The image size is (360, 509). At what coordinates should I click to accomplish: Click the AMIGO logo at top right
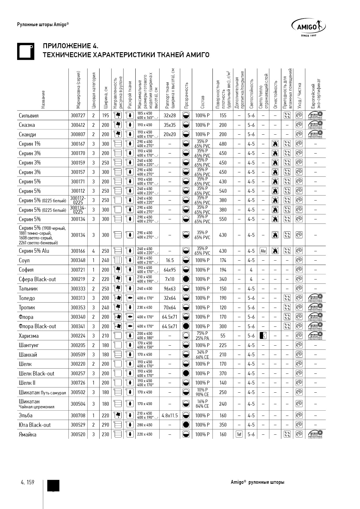click(x=308, y=27)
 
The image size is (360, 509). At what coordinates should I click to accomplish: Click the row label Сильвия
click(x=29, y=115)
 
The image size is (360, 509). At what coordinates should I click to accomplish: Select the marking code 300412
click(x=78, y=125)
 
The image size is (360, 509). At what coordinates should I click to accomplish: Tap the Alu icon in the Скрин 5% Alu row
click(x=263, y=251)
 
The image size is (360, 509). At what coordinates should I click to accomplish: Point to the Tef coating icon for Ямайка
click(x=239, y=434)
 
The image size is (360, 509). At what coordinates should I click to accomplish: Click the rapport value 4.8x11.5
click(x=170, y=416)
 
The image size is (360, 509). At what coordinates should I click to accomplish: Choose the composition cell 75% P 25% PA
click(x=202, y=336)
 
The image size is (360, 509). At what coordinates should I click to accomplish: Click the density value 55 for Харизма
click(x=223, y=336)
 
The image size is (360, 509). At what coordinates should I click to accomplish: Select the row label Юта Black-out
click(x=35, y=425)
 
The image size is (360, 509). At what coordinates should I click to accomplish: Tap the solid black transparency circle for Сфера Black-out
click(x=186, y=279)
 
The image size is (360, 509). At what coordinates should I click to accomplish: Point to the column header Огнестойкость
click(x=275, y=95)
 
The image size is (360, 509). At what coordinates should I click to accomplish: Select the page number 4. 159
click(x=28, y=482)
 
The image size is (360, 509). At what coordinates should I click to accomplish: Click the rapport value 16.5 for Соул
click(x=170, y=260)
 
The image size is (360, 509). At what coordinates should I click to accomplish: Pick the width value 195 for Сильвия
click(x=105, y=115)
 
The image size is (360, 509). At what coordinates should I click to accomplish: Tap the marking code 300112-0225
click(x=78, y=200)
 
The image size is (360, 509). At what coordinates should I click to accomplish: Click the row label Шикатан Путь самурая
click(x=42, y=392)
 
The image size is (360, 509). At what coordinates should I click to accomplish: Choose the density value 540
click(x=223, y=191)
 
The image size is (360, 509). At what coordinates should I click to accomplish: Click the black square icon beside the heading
click(x=26, y=51)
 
